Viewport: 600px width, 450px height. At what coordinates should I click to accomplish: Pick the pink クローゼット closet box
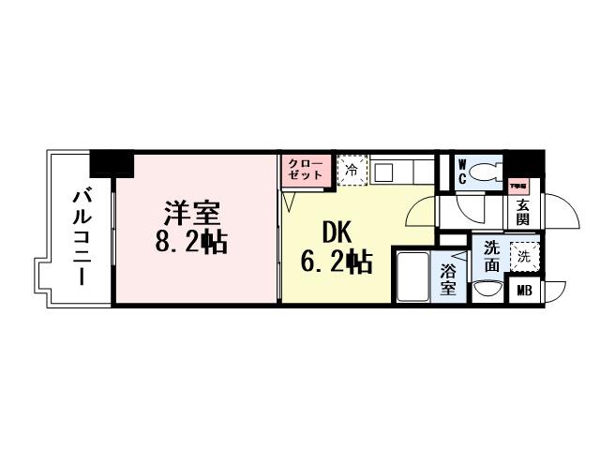(x=305, y=171)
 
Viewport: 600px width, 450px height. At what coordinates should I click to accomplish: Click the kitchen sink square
(x=382, y=172)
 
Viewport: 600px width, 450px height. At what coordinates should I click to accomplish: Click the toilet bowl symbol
(x=487, y=172)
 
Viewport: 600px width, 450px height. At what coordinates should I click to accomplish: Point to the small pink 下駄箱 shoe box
(x=517, y=186)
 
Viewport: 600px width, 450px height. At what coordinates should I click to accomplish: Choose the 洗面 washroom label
(x=490, y=255)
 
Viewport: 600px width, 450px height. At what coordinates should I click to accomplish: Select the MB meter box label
(x=522, y=291)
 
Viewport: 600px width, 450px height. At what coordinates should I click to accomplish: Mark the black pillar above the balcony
(x=112, y=163)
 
